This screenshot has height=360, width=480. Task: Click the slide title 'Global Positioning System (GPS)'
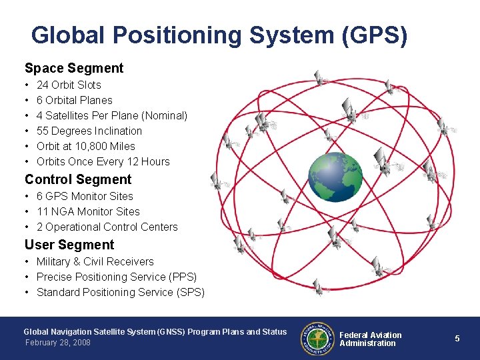point(219,35)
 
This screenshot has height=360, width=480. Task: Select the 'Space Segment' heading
point(74,68)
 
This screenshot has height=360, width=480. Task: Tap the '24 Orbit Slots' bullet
point(69,85)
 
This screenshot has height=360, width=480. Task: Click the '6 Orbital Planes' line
point(74,100)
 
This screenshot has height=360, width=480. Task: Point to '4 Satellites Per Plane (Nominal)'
point(111,115)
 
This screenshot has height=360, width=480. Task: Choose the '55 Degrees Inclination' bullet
point(89,131)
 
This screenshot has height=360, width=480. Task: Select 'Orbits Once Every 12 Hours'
point(103,161)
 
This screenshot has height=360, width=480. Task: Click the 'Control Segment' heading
point(78,179)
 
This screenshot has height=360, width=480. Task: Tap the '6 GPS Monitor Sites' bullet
point(85,196)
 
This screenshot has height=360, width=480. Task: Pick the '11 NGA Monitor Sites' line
point(88,211)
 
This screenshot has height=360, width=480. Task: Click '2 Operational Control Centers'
point(107,227)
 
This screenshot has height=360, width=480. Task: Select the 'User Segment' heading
point(69,245)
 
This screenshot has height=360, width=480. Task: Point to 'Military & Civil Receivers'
point(95,261)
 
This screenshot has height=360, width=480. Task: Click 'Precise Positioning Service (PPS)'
point(117,277)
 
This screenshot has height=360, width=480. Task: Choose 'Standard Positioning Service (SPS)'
point(120,292)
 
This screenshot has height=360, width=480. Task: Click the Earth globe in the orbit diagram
point(335,177)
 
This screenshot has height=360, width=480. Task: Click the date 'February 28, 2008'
point(57,343)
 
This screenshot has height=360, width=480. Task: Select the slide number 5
point(457,339)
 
